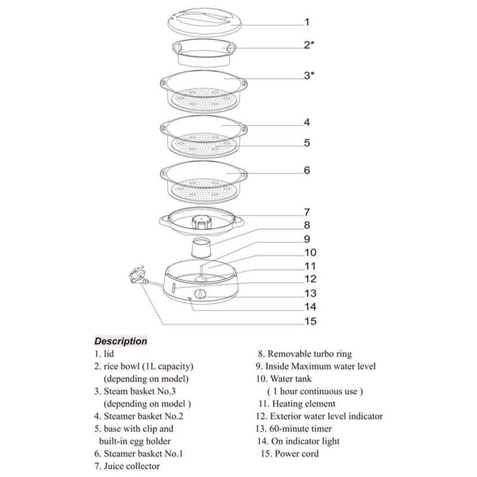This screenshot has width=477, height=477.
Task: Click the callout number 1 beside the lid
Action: coord(306,23)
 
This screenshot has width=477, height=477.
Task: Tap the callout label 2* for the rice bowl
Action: coord(309,45)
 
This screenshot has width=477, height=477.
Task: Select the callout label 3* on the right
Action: coord(309,76)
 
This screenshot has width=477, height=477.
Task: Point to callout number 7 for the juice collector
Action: coord(306,212)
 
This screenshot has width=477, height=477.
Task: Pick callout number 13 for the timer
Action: coord(309,293)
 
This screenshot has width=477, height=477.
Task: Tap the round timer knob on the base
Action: coord(201,295)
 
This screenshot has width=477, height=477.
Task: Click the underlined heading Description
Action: coord(120,341)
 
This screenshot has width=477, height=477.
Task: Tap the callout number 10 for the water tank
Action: coord(311,252)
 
